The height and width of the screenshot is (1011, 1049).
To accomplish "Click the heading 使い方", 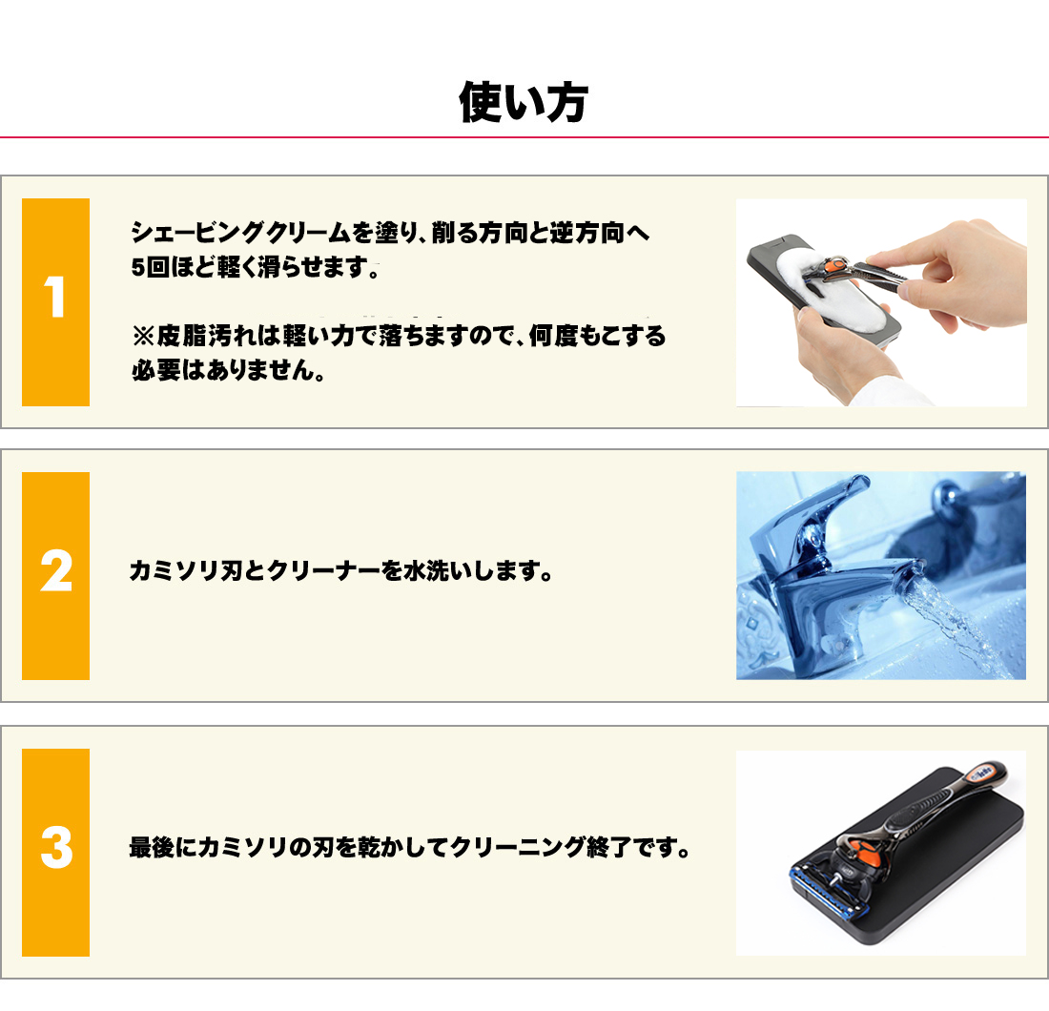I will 523,103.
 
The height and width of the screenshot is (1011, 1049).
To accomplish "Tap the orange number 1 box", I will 55,301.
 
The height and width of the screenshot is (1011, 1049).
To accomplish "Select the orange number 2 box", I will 55,575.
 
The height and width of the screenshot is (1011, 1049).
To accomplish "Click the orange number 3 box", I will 55,851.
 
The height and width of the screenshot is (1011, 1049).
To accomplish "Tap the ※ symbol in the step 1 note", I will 143,336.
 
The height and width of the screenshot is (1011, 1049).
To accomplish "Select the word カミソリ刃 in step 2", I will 175,572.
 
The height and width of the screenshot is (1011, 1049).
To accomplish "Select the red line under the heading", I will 524,138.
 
